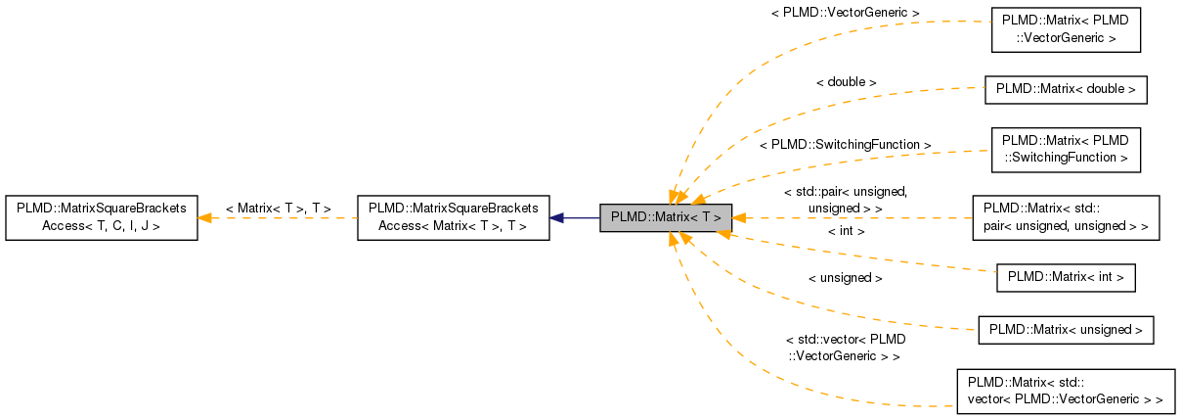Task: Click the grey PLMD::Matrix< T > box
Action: [666, 217]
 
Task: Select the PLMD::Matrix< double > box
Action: [1066, 89]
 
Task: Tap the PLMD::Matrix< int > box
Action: [1066, 278]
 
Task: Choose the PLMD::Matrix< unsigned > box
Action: [1066, 329]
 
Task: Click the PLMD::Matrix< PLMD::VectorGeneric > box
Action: [1066, 30]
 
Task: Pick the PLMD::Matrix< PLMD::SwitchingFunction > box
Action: [1066, 149]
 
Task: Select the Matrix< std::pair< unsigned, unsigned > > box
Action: [1066, 217]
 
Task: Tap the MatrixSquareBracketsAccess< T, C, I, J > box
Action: [102, 217]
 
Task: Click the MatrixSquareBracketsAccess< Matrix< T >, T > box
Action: [453, 217]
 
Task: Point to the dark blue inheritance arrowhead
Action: [556, 217]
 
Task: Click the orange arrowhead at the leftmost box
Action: [205, 217]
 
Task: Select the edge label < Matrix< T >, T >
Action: [278, 209]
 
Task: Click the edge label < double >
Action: [846, 82]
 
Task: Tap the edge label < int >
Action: [846, 231]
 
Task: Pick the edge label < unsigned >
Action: [846, 278]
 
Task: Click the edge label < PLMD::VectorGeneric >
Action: [846, 13]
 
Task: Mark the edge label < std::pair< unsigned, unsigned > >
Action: [846, 200]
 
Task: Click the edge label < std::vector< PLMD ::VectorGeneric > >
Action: [844, 348]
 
